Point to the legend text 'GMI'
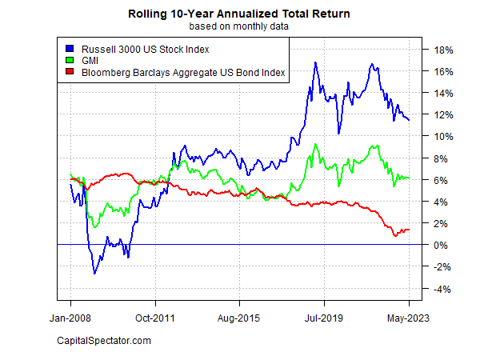86,61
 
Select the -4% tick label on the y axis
445,289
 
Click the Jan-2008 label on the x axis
70,318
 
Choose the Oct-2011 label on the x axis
155,318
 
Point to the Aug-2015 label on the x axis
239,318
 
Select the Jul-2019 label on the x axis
324,318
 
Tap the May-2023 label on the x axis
409,318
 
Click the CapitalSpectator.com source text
104,342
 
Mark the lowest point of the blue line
94,274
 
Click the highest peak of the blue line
316,62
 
